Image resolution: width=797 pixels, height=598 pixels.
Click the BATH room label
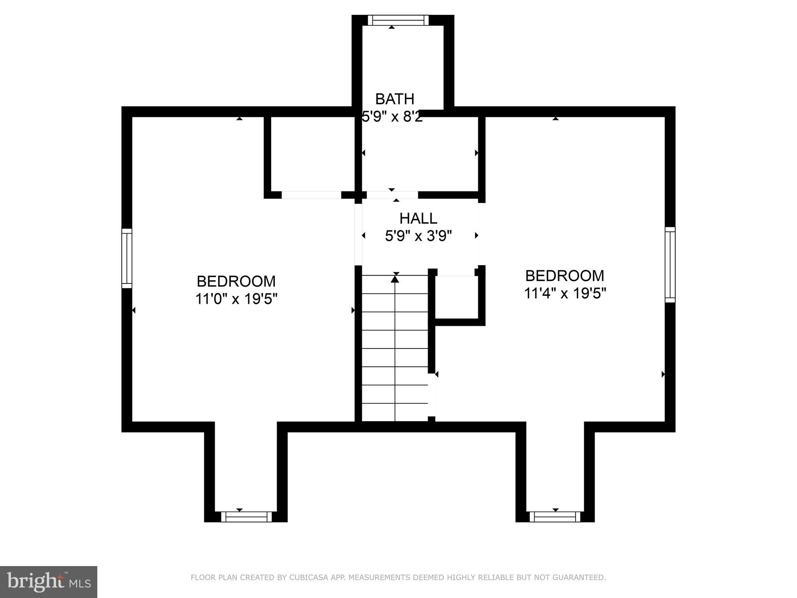point(395,99)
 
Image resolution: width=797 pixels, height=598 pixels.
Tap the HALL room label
point(418,218)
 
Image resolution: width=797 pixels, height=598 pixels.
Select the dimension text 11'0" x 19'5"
point(236,299)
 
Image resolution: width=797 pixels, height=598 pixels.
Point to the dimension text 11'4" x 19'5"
point(565,293)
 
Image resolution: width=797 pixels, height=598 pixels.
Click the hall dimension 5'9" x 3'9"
point(418,236)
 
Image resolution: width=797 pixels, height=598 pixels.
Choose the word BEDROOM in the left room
point(236,281)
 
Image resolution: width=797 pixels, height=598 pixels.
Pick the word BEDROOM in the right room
point(565,276)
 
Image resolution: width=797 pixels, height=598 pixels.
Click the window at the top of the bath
point(398,20)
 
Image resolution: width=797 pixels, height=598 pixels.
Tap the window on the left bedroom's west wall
point(127,258)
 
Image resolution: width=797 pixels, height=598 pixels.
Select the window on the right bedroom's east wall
point(670,264)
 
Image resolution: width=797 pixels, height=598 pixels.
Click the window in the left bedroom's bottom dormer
point(246,517)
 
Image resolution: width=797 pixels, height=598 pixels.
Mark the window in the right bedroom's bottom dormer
point(555,517)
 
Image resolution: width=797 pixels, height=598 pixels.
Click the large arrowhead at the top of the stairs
point(395,279)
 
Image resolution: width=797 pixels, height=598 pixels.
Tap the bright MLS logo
point(49,582)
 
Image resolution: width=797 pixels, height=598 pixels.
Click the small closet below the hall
point(456,297)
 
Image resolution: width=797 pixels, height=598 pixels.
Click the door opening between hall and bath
point(392,195)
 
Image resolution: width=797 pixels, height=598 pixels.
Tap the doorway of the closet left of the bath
point(311,195)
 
